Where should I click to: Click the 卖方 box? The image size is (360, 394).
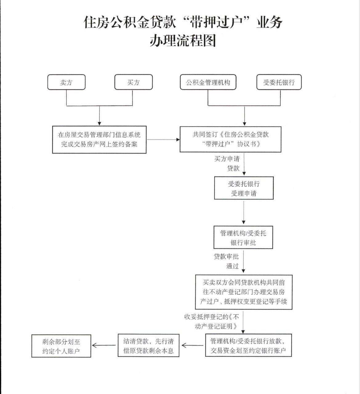66,82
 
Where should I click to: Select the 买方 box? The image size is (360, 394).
134,82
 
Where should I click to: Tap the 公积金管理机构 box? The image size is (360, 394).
208,82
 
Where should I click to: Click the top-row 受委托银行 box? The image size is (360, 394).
279,82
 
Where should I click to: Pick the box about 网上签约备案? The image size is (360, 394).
99,140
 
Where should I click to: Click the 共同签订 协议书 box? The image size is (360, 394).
230,139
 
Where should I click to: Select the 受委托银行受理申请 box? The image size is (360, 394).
244,188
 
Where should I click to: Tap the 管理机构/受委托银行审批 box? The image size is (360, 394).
243,238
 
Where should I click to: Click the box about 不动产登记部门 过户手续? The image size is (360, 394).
244,292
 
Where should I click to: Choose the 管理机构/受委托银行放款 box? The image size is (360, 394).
248,345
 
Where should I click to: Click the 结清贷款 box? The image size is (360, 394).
149,345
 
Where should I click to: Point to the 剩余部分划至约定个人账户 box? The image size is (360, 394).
61,346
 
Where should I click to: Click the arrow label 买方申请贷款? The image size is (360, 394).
227,164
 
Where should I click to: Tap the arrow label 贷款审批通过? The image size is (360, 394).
226,261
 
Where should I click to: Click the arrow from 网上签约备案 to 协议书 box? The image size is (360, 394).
163,140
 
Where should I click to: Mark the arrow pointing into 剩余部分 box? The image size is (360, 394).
104,345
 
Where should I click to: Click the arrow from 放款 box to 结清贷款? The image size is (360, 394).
192,345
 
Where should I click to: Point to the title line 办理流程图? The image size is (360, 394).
183,40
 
